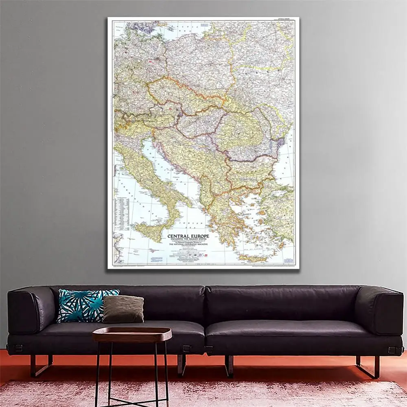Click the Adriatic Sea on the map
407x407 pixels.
pyautogui.click(x=163, y=163)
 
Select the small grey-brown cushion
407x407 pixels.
pyautogui.click(x=123, y=309)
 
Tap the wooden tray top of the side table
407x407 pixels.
pyautogui.click(x=132, y=334)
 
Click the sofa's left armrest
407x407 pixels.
pyautogui.click(x=31, y=311)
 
